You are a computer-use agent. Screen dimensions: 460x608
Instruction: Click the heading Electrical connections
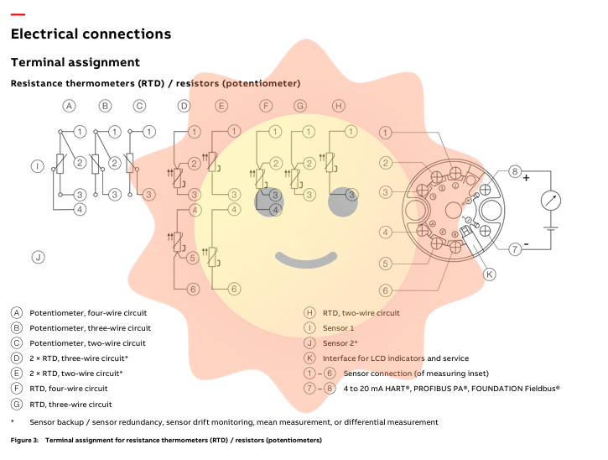[x=91, y=34]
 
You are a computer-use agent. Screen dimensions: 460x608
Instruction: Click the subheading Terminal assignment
[x=75, y=63]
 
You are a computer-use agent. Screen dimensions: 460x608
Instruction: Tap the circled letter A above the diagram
[x=70, y=106]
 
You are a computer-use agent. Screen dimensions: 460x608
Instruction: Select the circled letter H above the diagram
[x=338, y=106]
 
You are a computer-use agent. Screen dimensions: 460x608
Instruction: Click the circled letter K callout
[x=490, y=274]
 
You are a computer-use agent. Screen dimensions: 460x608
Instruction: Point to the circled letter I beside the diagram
[x=37, y=166]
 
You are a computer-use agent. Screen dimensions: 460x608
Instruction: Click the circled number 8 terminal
[x=515, y=172]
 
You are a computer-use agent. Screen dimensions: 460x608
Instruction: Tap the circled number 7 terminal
[x=515, y=248]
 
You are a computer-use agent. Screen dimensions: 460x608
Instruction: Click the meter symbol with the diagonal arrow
[x=550, y=200]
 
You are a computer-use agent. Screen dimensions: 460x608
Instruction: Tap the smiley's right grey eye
[x=343, y=202]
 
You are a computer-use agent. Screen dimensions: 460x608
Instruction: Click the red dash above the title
[x=17, y=14]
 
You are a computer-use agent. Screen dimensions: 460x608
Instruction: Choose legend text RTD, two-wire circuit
[x=361, y=313]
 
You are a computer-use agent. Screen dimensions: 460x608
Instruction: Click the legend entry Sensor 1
[x=338, y=328]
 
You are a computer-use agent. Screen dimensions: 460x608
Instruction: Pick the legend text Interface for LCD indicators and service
[x=396, y=358]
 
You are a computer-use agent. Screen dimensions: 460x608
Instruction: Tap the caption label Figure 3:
[x=24, y=441]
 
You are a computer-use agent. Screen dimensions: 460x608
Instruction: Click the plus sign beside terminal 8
[x=526, y=179]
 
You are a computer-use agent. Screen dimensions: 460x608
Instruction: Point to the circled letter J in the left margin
[x=37, y=257]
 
